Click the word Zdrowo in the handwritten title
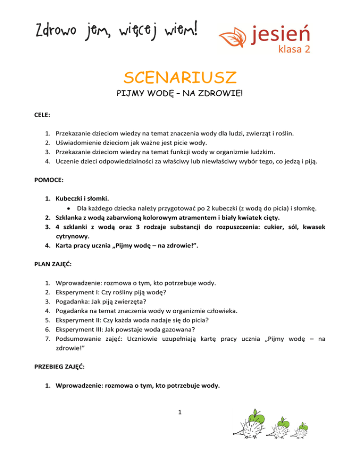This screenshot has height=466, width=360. coord(52,32)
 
